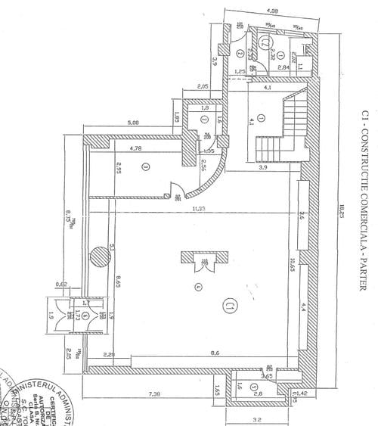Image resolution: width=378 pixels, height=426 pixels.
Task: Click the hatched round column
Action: (x=99, y=255)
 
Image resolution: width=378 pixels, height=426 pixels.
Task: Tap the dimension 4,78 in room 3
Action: (x=137, y=148)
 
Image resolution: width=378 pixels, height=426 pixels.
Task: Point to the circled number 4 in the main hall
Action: (x=178, y=286)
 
